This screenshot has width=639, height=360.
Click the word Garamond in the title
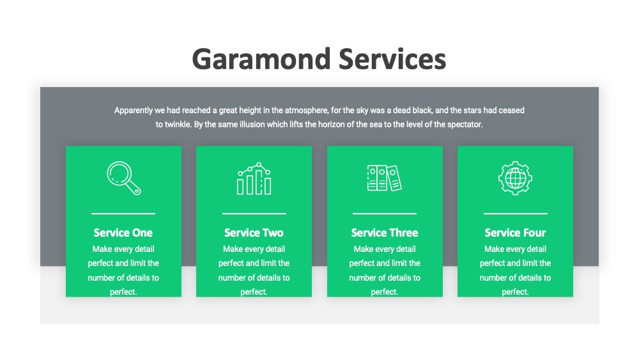[261, 59]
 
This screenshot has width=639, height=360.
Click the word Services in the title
[392, 59]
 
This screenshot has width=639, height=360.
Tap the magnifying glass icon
[124, 178]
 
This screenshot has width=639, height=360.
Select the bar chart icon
[254, 178]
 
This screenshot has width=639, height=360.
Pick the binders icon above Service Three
[384, 178]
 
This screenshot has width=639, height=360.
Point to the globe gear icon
[515, 178]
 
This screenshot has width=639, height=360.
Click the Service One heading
[123, 232]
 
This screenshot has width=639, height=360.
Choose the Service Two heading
[254, 232]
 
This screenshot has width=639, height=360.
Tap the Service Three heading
[385, 232]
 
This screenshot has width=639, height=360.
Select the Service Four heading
[515, 232]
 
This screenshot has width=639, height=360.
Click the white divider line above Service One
[123, 213]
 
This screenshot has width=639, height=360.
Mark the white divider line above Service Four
[516, 213]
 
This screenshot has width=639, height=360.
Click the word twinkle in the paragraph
[178, 124]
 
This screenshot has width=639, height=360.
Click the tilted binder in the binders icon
[394, 178]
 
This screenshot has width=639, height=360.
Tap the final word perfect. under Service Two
[254, 292]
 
